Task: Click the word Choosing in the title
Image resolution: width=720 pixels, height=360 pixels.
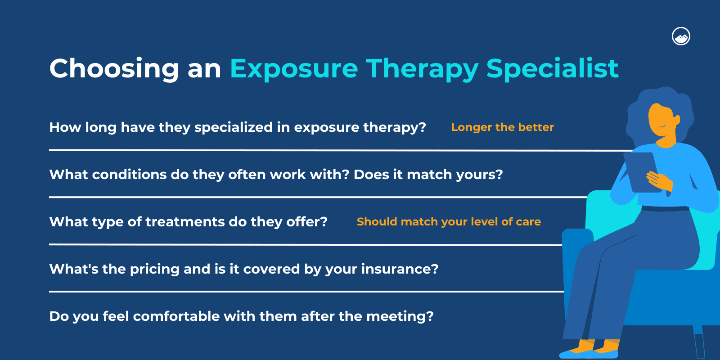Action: click(x=114, y=68)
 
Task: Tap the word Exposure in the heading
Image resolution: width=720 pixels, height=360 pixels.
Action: click(x=294, y=68)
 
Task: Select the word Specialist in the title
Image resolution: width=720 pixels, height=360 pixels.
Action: click(x=552, y=68)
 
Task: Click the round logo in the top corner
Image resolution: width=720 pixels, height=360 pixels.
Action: click(x=681, y=36)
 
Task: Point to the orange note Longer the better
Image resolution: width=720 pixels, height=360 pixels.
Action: click(x=502, y=127)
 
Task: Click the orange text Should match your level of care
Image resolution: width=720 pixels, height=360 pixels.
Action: click(x=449, y=222)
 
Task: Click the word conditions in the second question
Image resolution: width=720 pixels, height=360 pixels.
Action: click(x=129, y=175)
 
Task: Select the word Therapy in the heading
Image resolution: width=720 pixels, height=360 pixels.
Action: click(x=422, y=68)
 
